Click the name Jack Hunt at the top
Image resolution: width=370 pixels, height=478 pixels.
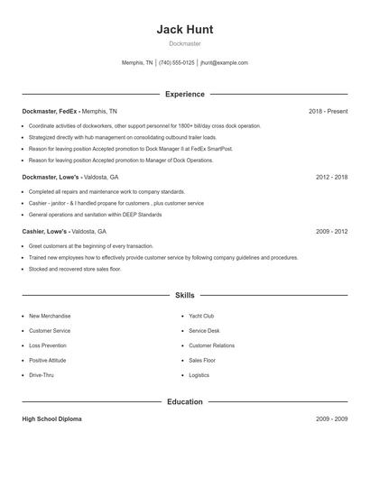185,29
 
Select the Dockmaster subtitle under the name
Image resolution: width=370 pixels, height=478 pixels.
185,43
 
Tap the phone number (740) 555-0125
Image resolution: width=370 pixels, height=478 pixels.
178,63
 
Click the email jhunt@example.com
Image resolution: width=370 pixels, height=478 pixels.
224,63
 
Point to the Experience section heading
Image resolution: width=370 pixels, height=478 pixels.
185,94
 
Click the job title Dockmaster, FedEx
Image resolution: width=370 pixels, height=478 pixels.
51,111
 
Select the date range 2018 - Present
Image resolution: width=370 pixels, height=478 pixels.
328,111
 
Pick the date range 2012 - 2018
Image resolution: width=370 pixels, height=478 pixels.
331,178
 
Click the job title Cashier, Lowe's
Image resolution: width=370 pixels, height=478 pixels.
45,232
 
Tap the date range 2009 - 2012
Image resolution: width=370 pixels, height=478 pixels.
331,232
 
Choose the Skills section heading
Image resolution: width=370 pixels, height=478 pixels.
185,295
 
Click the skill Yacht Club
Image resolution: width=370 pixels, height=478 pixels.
201,317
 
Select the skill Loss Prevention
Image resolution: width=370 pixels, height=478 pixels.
48,345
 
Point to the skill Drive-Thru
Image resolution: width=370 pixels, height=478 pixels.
42,374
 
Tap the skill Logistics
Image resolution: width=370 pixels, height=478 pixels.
199,374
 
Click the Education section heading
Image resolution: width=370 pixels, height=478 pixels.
185,401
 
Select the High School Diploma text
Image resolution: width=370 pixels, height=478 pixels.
52,419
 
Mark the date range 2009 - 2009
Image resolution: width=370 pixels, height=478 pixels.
331,419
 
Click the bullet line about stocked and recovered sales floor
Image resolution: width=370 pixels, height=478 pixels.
75,269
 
